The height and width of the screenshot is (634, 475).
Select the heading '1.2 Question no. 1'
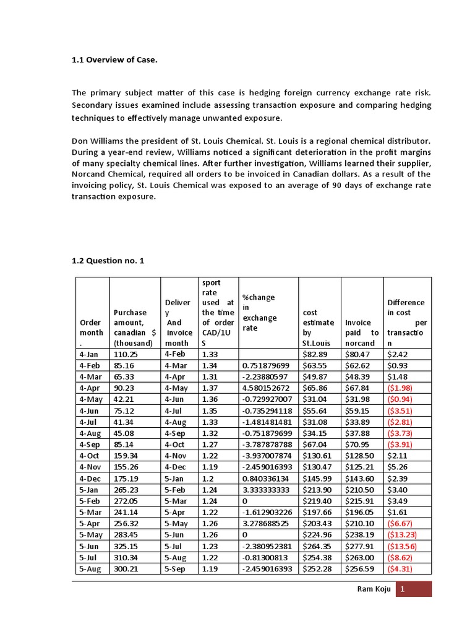pyautogui.click(x=108, y=261)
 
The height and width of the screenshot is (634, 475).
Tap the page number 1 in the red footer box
pyautogui.click(x=402, y=590)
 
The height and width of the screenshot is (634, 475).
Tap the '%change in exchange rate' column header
pyautogui.click(x=259, y=313)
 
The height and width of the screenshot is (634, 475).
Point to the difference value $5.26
pyautogui.click(x=397, y=467)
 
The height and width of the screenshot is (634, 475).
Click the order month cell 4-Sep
pyautogui.click(x=90, y=445)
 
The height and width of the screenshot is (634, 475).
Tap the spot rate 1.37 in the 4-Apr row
pyautogui.click(x=209, y=388)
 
